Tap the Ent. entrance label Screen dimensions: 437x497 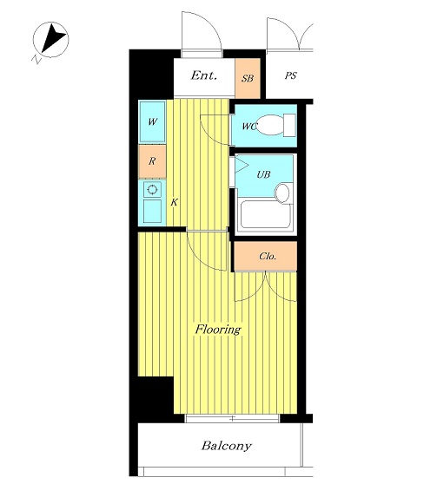coord(204,75)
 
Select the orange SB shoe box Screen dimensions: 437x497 coord(248,78)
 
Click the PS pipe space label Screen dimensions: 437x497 coord(290,76)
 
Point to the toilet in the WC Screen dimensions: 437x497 coord(275,125)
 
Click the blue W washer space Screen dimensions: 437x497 coord(152,121)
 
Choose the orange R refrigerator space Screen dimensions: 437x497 coord(152,161)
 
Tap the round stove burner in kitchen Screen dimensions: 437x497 coord(152,190)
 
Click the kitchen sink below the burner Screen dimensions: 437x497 coord(152,211)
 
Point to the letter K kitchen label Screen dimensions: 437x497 coord(174,202)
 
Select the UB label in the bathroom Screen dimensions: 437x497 coord(263,174)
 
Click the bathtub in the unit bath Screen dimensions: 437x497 coord(266,214)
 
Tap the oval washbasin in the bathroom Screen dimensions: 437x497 coord(282,193)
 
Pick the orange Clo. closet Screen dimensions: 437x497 coord(266,256)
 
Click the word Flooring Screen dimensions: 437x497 coord(218,330)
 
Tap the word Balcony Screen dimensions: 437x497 coord(227,446)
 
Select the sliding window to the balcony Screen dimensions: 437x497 coord(232,418)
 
